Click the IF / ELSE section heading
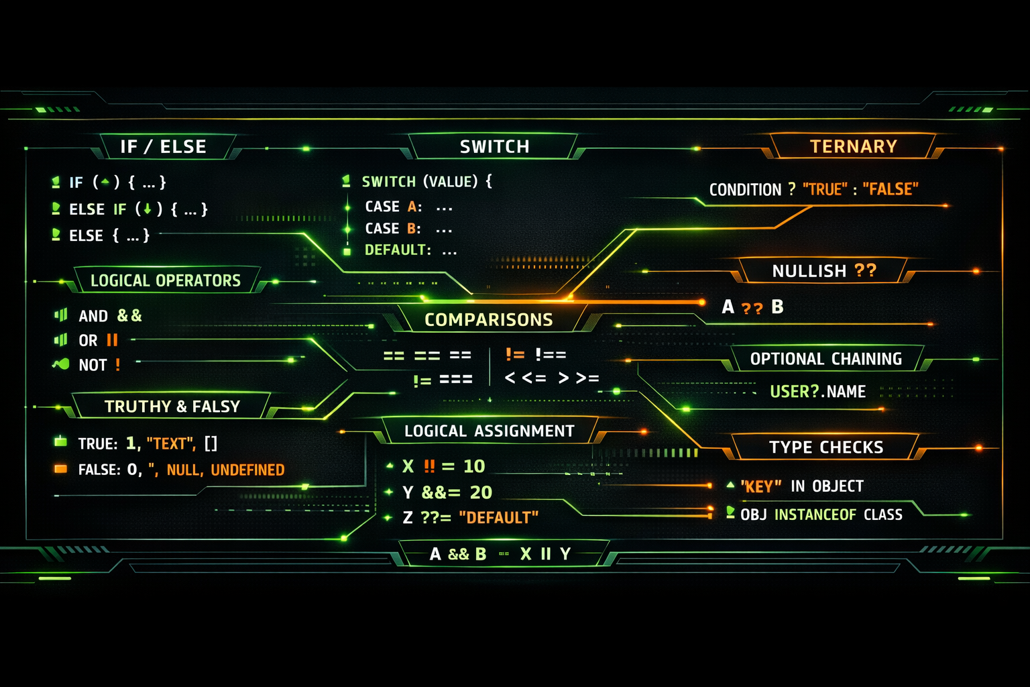(x=163, y=147)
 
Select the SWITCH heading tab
(x=494, y=147)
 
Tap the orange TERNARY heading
(x=853, y=147)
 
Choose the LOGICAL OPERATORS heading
(x=165, y=280)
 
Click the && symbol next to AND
(x=129, y=315)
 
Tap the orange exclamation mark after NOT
(x=118, y=365)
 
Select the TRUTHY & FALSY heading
(x=172, y=407)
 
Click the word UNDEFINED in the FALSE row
(x=247, y=470)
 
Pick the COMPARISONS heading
(x=488, y=320)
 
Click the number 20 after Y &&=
(x=481, y=492)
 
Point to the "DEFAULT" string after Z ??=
(x=498, y=518)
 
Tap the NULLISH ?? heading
(x=823, y=271)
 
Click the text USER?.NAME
(x=817, y=392)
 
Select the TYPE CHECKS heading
(x=826, y=447)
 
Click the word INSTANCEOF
(x=815, y=515)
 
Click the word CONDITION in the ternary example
(x=745, y=190)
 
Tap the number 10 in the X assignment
(x=474, y=466)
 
